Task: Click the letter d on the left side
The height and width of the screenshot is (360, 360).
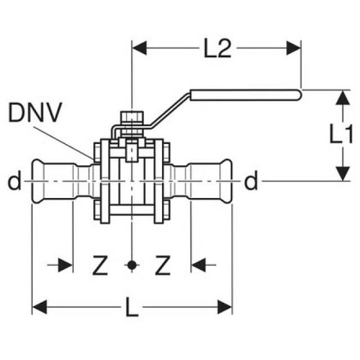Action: (x=15, y=181)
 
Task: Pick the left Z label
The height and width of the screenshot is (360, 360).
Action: (x=100, y=264)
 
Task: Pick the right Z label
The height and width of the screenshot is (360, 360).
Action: (x=162, y=264)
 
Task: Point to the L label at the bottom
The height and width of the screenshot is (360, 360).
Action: (x=132, y=308)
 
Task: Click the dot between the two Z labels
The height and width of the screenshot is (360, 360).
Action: (x=131, y=264)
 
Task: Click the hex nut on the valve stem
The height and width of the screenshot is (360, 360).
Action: (x=132, y=118)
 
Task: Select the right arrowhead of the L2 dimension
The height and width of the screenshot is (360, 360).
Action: (x=295, y=48)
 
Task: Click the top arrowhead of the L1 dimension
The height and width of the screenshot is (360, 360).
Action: (x=340, y=97)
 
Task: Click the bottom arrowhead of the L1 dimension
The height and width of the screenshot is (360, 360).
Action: (x=340, y=173)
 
